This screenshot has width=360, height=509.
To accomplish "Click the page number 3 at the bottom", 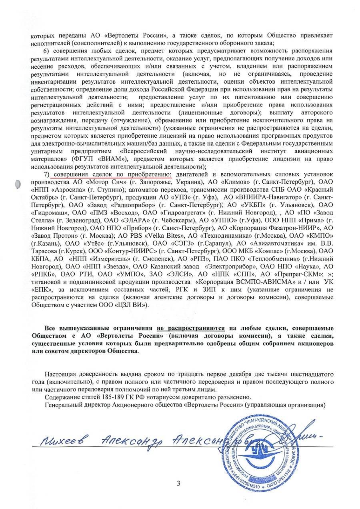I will (x=178, y=483).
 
